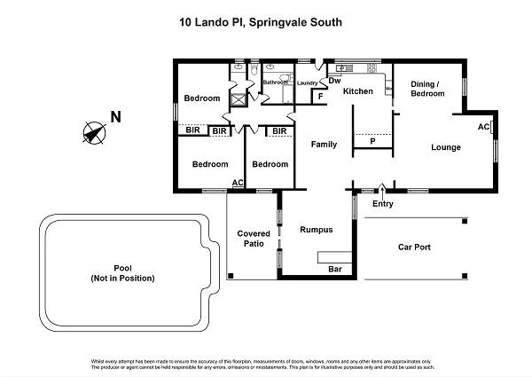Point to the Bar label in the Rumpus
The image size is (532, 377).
(x=335, y=268)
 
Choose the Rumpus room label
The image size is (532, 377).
(x=316, y=230)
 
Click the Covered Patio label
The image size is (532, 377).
(x=253, y=239)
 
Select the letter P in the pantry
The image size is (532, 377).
(x=372, y=141)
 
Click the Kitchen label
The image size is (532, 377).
(x=358, y=91)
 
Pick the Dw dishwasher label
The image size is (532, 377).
(x=334, y=82)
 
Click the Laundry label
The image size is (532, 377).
(x=307, y=82)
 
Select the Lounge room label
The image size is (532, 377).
(x=445, y=147)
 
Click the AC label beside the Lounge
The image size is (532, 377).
(x=484, y=127)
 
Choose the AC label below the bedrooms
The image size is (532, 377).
(x=238, y=183)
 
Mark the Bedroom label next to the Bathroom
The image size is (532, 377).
(x=201, y=98)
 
